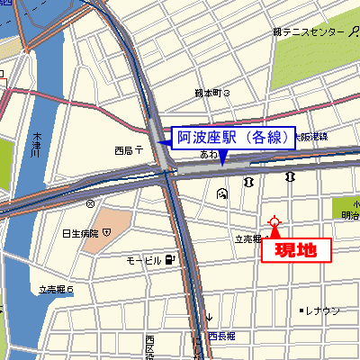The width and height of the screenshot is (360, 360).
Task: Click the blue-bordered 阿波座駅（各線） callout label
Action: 233,137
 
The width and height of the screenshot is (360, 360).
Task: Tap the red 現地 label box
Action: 295,249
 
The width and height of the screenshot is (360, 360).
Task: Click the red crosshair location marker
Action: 274,221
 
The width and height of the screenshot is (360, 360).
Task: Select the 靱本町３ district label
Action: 213,93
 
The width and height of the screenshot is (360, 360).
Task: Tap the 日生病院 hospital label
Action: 79,233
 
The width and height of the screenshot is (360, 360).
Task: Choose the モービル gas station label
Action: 143,260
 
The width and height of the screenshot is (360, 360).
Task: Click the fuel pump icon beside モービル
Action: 170,260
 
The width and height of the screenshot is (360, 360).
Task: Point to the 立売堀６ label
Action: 55,289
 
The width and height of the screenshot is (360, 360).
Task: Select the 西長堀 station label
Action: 220,336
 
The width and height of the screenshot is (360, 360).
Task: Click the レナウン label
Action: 322,310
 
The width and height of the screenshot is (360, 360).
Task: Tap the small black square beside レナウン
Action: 301,310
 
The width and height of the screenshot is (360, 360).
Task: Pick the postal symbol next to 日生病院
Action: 107,232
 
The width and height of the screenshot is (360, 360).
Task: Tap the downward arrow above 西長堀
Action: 209,317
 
